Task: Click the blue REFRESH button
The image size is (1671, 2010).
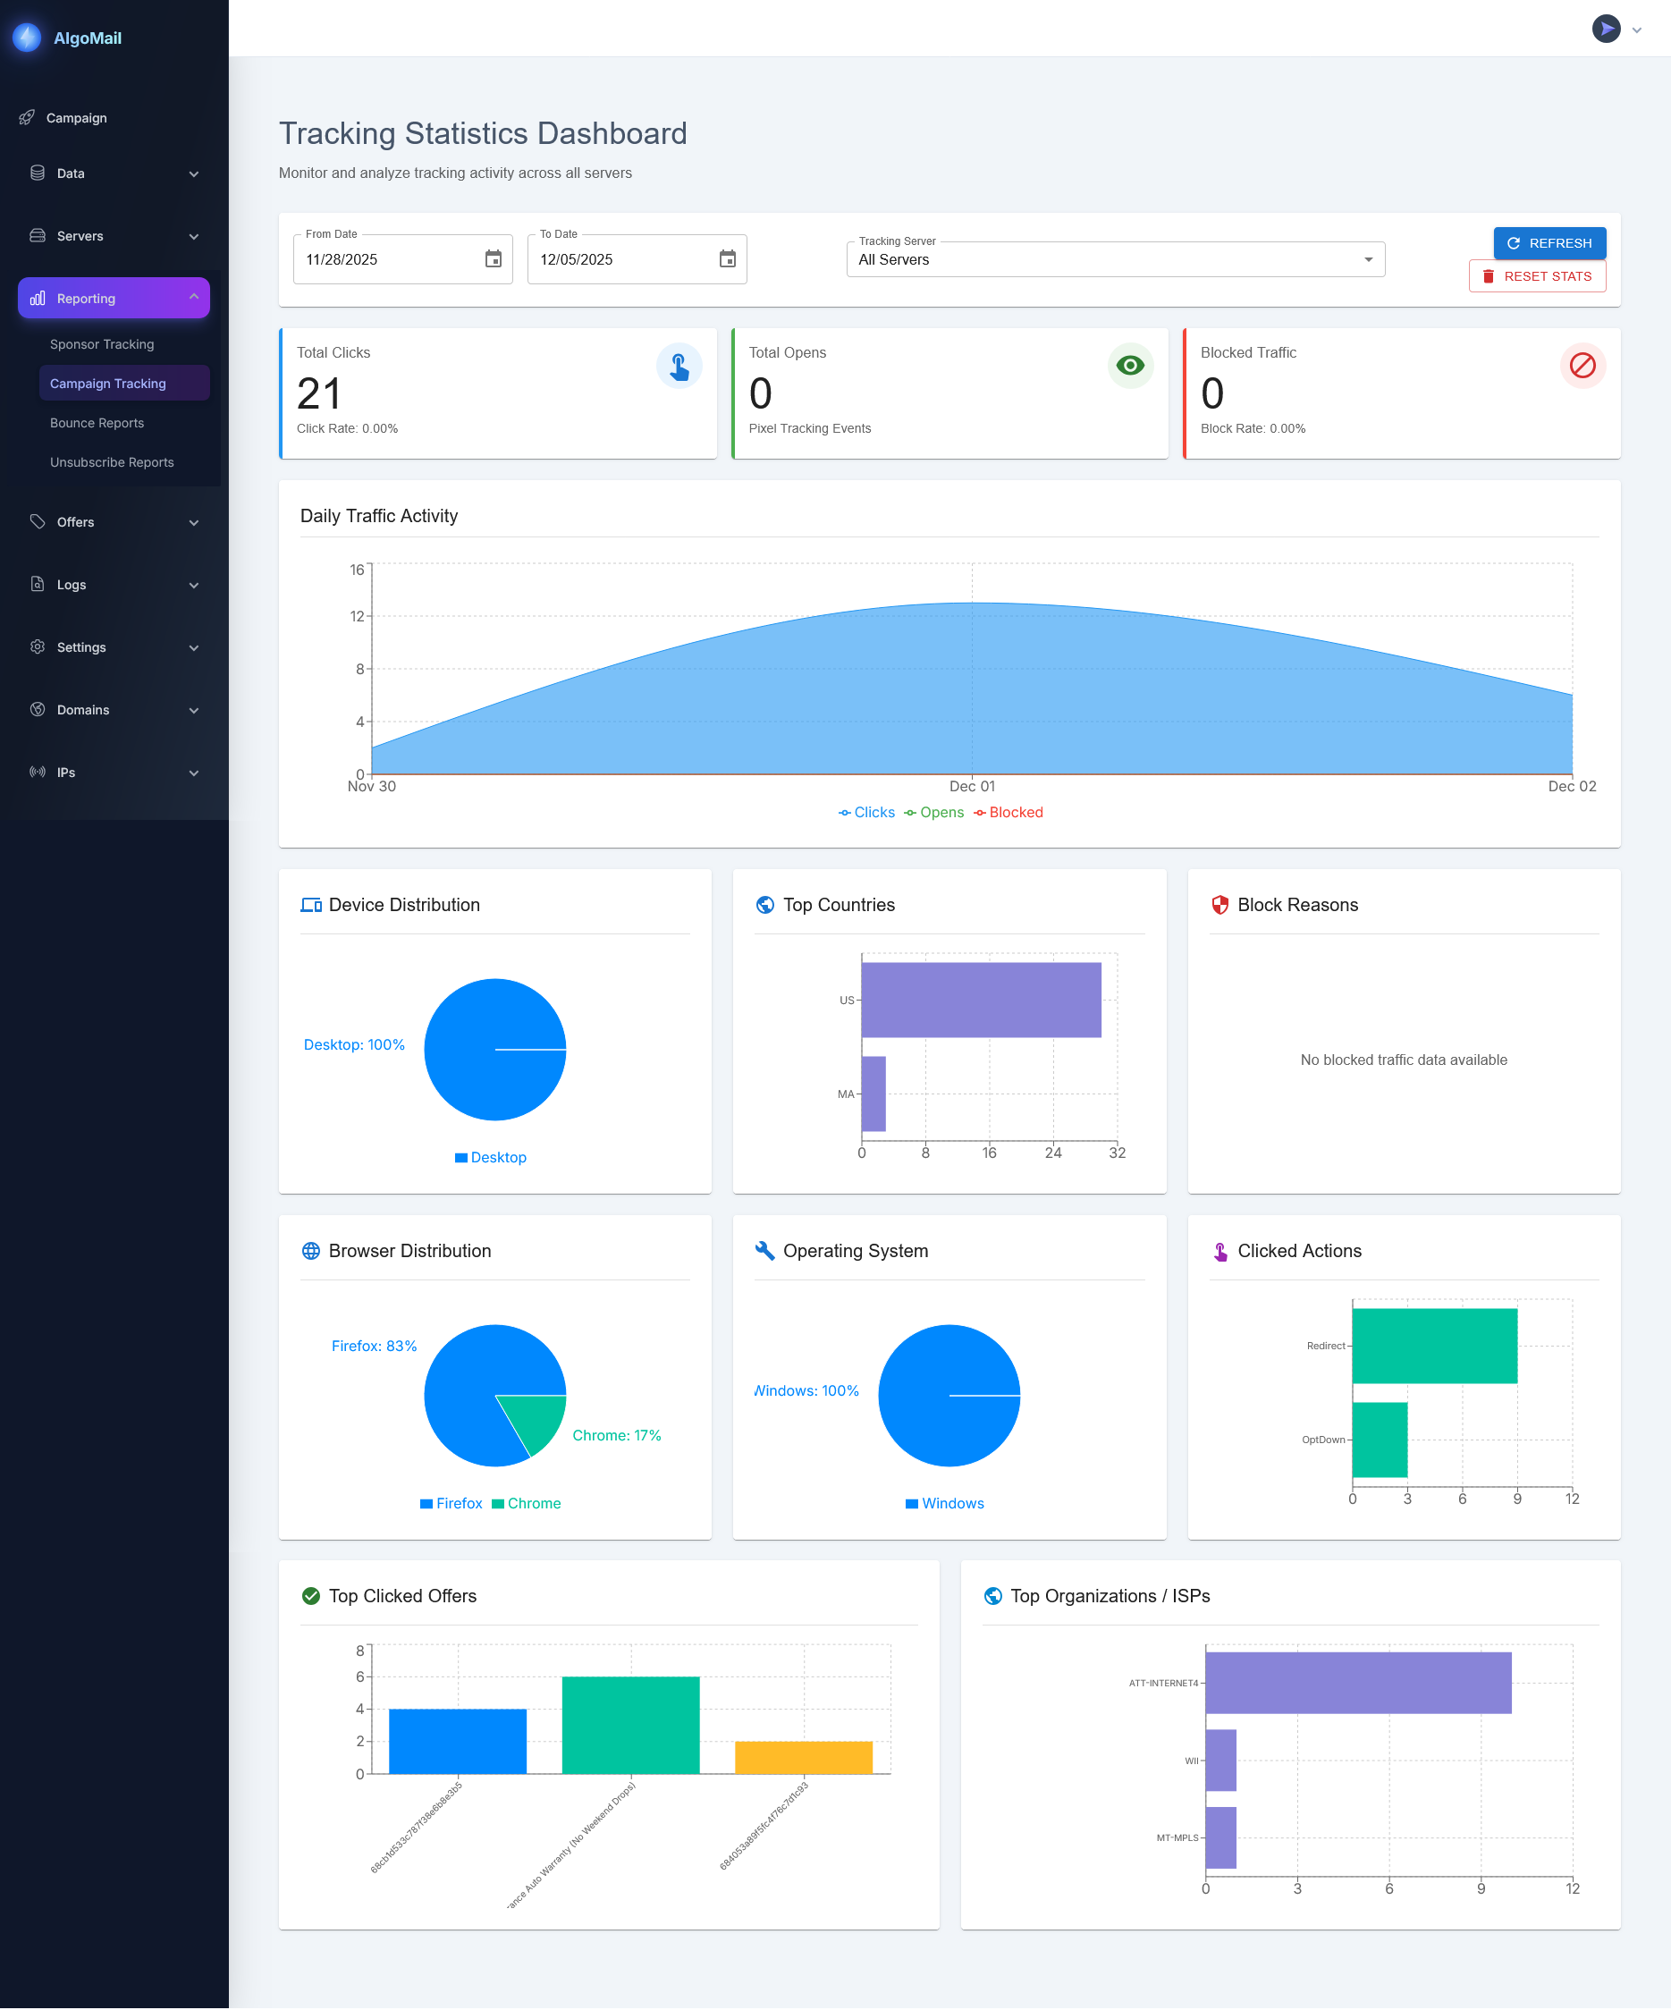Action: (x=1549, y=243)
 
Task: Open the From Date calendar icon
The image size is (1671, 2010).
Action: (x=493, y=259)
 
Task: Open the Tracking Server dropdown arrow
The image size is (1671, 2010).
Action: (x=1368, y=259)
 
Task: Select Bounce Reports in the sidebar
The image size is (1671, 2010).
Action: (x=97, y=423)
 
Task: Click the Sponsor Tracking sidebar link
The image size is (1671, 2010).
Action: (x=101, y=344)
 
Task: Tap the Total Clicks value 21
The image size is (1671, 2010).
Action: (x=318, y=393)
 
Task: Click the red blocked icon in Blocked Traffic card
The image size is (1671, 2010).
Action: (x=1582, y=366)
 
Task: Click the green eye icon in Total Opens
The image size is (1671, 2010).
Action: (x=1129, y=366)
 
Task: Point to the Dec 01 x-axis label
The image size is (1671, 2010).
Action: (x=972, y=787)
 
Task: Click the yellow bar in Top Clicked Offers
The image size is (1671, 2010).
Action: (x=803, y=1757)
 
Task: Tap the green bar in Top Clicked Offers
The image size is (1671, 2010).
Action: (x=629, y=1725)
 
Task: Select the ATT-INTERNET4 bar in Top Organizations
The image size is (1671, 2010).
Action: (x=1357, y=1683)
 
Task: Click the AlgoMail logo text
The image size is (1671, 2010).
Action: (x=87, y=38)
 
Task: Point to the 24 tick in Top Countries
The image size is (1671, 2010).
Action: (x=1052, y=1153)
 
